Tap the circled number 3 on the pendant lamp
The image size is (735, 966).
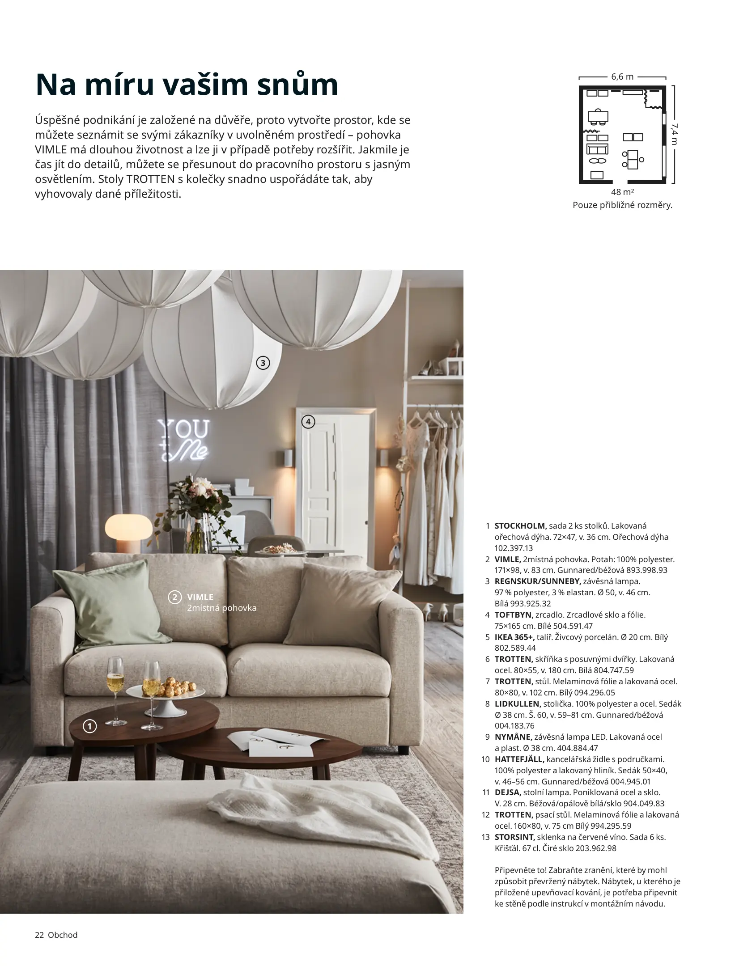(x=263, y=363)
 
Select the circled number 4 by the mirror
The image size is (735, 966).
(x=308, y=421)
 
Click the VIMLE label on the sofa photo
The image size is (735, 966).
(x=200, y=597)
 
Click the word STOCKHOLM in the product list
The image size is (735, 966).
(x=520, y=526)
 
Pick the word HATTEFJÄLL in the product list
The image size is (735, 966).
(x=519, y=759)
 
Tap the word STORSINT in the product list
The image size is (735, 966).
(x=514, y=837)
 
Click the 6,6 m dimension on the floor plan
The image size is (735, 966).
(x=622, y=76)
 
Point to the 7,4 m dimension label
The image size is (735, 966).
(x=674, y=135)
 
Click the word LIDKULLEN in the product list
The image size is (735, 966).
(x=518, y=703)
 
